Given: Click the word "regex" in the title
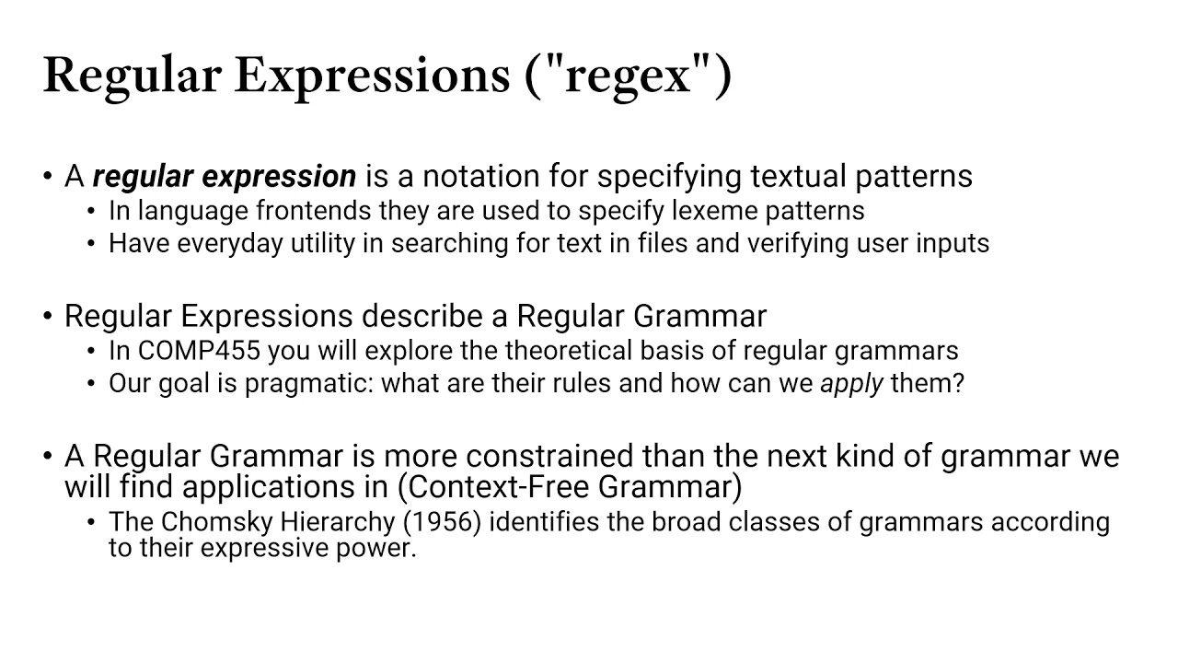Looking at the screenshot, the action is point(628,76).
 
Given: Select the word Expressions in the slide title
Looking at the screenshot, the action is point(372,76).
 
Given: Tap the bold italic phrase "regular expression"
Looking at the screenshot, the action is point(225,176).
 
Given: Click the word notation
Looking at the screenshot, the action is point(480,176).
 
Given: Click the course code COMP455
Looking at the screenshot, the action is point(199,351).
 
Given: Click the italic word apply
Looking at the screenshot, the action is point(852,384).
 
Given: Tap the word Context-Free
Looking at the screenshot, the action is point(498,487).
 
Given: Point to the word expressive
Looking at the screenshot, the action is point(264,548).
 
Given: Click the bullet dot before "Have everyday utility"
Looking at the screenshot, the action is point(91,244).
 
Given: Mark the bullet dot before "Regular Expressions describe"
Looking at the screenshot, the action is point(48,316).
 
